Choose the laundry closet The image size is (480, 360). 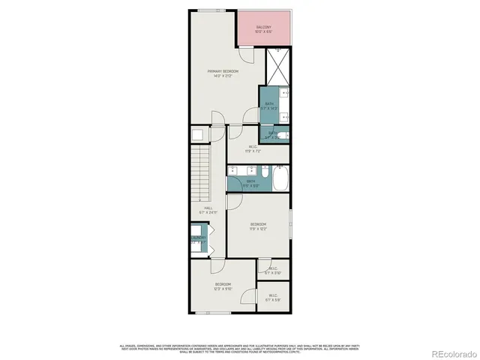(x=197, y=240)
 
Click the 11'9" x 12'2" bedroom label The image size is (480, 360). (x=259, y=226)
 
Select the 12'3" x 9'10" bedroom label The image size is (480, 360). (x=223, y=286)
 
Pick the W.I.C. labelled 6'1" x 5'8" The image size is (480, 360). (x=273, y=298)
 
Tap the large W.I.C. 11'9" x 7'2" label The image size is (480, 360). (x=253, y=148)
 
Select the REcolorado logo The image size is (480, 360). (x=451, y=354)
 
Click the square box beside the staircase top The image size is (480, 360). (x=198, y=134)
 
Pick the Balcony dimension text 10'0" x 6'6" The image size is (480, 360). (x=261, y=32)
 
